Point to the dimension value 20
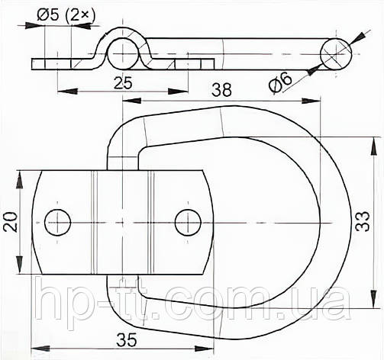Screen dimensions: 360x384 (10, 222)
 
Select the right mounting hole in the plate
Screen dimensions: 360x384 (187, 222)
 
